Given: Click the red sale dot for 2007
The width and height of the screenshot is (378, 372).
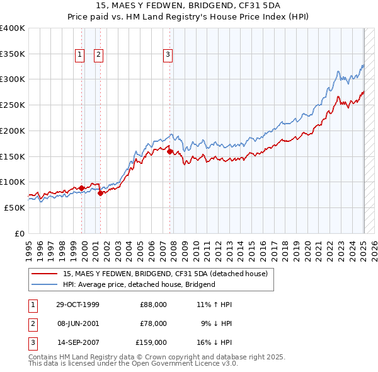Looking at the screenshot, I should (x=169, y=151).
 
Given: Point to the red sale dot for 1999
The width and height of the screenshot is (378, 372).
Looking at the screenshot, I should (x=81, y=188).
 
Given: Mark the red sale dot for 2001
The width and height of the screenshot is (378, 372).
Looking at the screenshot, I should (x=100, y=193).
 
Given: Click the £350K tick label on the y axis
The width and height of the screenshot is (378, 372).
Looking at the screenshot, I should (x=13, y=54).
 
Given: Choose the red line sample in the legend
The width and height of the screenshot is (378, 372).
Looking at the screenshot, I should (x=45, y=274).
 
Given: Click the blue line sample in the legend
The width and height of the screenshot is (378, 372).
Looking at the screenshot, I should (x=45, y=284).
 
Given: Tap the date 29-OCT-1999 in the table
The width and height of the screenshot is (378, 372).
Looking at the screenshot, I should (x=78, y=305).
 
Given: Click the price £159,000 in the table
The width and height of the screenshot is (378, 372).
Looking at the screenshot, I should (x=151, y=342).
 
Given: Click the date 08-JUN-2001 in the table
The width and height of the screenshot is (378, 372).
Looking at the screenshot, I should (x=78, y=323).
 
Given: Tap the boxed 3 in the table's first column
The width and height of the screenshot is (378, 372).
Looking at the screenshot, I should (x=31, y=342).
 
